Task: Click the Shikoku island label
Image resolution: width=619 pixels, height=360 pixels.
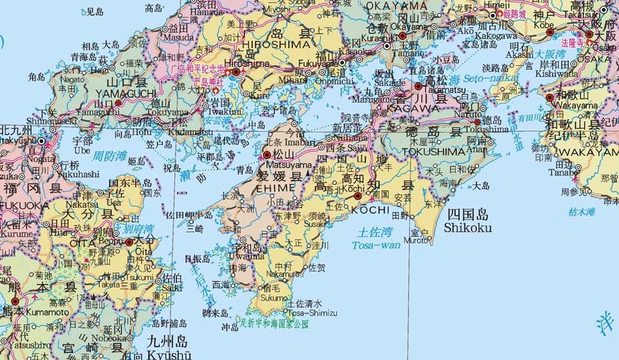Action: pyautogui.click(x=469, y=228)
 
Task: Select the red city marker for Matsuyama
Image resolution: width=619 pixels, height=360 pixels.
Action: pyautogui.click(x=267, y=155)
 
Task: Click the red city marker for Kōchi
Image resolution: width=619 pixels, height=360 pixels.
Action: pyautogui.click(x=358, y=196)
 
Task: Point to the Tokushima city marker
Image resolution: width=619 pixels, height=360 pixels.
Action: pyautogui.click(x=477, y=122)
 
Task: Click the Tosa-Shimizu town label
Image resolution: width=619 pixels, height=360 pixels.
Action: pyautogui.click(x=312, y=313)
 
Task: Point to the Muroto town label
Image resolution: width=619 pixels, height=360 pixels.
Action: pyautogui.click(x=417, y=240)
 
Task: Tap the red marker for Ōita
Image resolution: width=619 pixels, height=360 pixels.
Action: pyautogui.click(x=128, y=243)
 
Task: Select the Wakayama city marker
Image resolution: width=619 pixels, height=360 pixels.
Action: pyautogui.click(x=550, y=98)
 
